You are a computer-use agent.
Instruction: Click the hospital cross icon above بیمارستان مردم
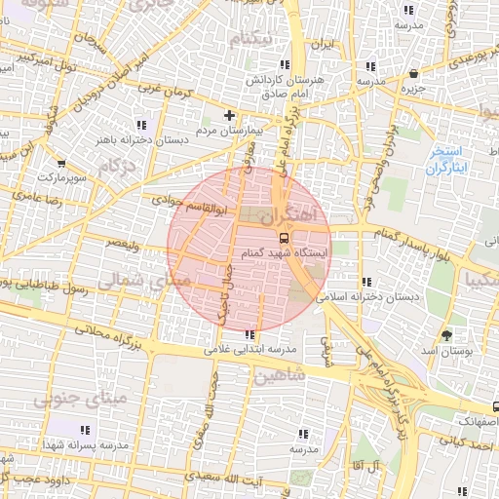coord(229,115)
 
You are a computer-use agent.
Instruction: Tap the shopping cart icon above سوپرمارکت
coord(62,164)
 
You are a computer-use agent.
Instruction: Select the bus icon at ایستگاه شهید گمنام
coord(284,237)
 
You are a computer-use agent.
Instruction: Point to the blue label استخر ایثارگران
coord(446,162)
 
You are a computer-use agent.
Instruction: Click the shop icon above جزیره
coord(415,73)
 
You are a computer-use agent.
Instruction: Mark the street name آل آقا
coord(374,468)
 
